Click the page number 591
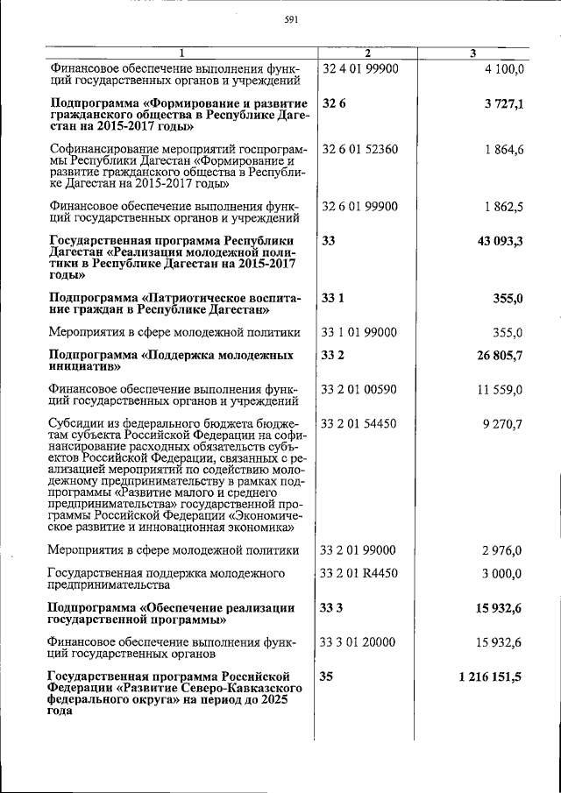(x=292, y=21)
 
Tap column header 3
(x=472, y=54)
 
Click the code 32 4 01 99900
(x=360, y=68)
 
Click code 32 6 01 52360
(x=360, y=150)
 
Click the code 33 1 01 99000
(x=360, y=333)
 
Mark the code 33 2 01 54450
(x=360, y=424)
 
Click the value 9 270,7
(x=502, y=424)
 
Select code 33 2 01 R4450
(x=360, y=573)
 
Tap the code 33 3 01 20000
(x=360, y=642)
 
